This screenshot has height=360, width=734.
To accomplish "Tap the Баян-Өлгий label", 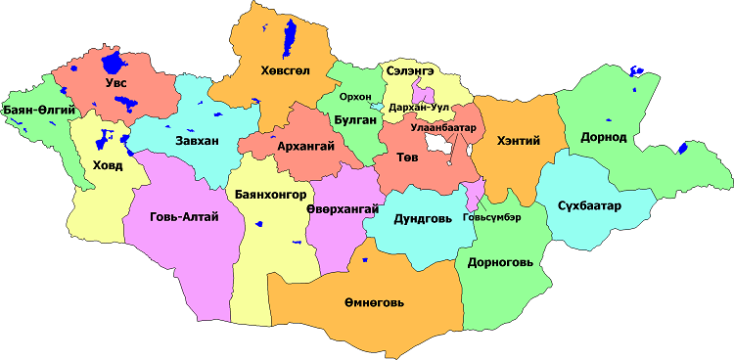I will (40, 111).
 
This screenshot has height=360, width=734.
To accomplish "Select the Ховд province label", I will (108, 164).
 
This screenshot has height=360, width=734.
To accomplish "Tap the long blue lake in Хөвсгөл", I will (290, 39).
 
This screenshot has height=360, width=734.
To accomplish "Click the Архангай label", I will (306, 146).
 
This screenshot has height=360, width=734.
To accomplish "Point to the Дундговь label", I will (423, 219).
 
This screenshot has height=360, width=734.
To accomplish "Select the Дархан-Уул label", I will (419, 105).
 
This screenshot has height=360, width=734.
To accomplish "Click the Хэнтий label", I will (519, 141).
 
